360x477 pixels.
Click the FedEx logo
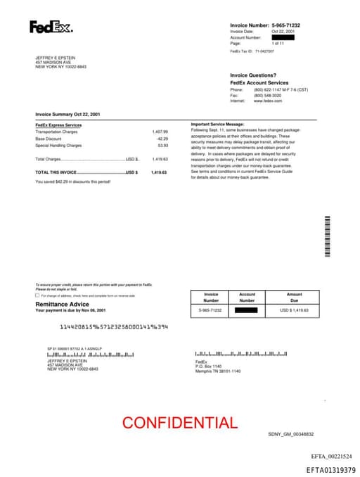[x=50, y=27]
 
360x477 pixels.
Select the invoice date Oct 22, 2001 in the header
[x=283, y=32]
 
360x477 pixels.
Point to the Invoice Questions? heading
[x=252, y=75]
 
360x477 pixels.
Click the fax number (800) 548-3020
[x=268, y=96]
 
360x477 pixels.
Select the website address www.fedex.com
[x=267, y=101]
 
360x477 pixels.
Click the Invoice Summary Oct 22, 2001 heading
[x=67, y=114]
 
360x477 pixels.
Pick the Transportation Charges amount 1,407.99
[x=160, y=132]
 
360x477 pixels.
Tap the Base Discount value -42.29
[x=162, y=139]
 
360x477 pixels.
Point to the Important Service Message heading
[x=217, y=125]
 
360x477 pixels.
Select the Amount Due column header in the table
[x=294, y=297]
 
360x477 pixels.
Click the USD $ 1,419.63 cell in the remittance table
[x=294, y=310]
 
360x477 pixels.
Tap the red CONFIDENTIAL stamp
[x=179, y=423]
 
